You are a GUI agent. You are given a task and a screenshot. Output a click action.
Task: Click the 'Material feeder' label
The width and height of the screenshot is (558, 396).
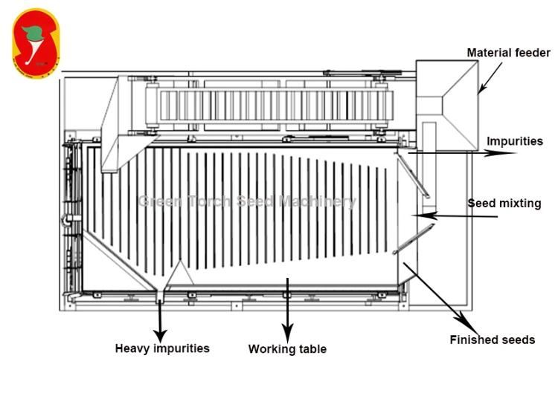[x=508, y=53]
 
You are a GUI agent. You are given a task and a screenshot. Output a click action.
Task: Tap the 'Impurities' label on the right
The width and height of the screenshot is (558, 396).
[x=515, y=141]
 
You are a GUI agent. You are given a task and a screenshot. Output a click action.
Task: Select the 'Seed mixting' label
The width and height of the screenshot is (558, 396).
[x=504, y=203]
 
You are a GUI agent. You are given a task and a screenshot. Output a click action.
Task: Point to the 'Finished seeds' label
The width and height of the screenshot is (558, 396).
[x=492, y=340]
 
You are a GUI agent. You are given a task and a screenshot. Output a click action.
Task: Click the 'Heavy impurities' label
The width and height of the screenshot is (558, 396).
[x=162, y=348]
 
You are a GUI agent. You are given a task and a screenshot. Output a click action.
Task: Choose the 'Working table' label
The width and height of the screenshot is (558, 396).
[x=287, y=348]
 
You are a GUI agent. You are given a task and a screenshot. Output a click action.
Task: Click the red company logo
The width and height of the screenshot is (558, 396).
[x=36, y=45]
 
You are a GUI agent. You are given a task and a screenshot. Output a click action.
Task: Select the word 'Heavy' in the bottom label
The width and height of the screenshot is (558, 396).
[x=132, y=348]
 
